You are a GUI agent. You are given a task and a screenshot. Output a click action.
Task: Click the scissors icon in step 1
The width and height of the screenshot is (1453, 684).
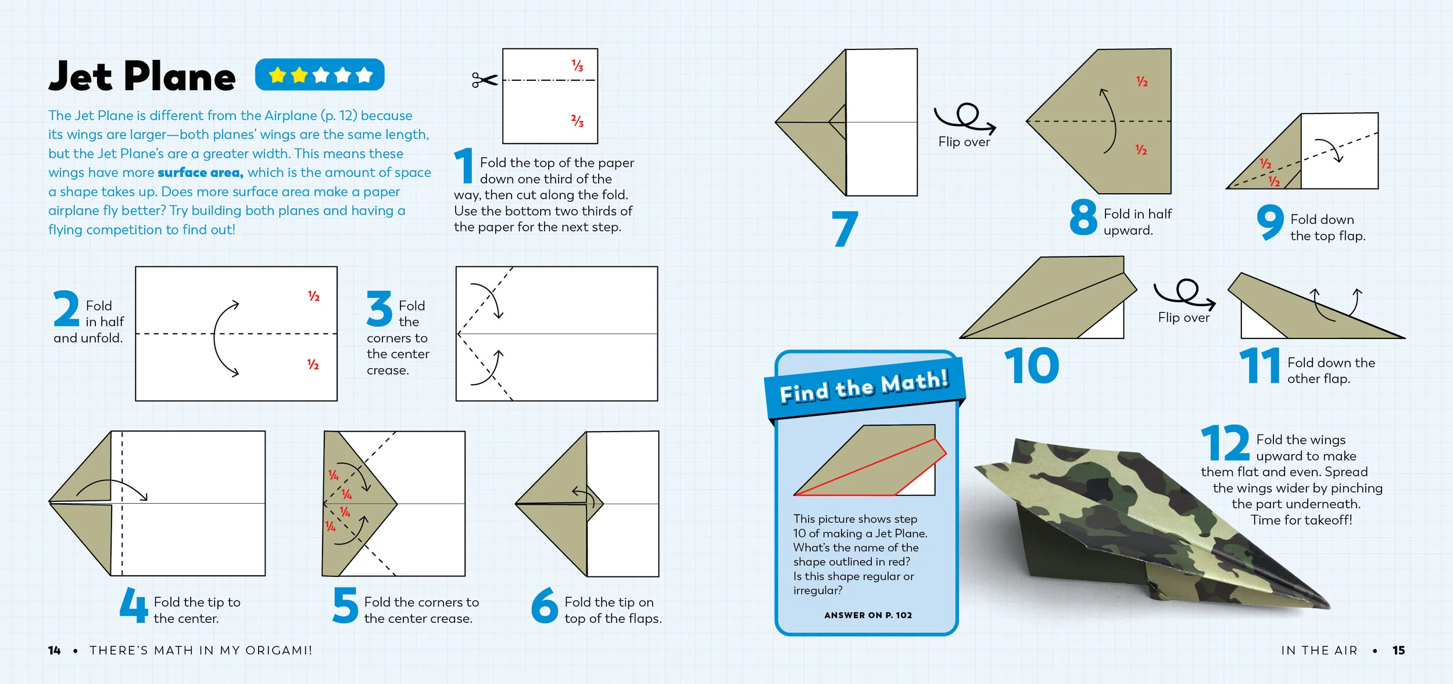[x=484, y=80]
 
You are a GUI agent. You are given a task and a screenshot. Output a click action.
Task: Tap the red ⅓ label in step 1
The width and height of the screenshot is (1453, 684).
[x=577, y=65]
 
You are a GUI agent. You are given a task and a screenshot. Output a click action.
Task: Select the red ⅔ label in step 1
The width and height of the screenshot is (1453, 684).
[x=577, y=121]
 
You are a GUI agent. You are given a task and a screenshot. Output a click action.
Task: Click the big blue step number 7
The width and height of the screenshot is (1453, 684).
[x=844, y=229]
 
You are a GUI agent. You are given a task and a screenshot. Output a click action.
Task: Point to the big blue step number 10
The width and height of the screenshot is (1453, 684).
[x=1032, y=366]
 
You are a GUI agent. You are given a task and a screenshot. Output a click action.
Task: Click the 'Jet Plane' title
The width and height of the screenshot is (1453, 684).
[x=142, y=76]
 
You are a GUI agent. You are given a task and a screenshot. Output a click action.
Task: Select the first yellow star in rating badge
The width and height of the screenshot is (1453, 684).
[x=278, y=75]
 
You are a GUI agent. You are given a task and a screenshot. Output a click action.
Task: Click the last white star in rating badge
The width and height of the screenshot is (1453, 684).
[x=364, y=75]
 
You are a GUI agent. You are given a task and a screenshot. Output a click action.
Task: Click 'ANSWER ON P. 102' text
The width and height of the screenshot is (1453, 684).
[x=868, y=615]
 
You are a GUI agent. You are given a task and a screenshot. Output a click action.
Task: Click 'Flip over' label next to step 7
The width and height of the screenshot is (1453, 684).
[x=964, y=142]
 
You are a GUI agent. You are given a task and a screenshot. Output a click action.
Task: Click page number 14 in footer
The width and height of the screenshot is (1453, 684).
[x=54, y=650]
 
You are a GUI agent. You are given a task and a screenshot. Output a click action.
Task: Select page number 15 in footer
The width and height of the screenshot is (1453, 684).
[x=1398, y=650]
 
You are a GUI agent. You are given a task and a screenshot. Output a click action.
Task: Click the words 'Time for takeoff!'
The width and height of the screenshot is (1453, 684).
[x=1301, y=520]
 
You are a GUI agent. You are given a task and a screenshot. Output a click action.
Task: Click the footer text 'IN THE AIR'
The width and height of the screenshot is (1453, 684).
[x=1319, y=650]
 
